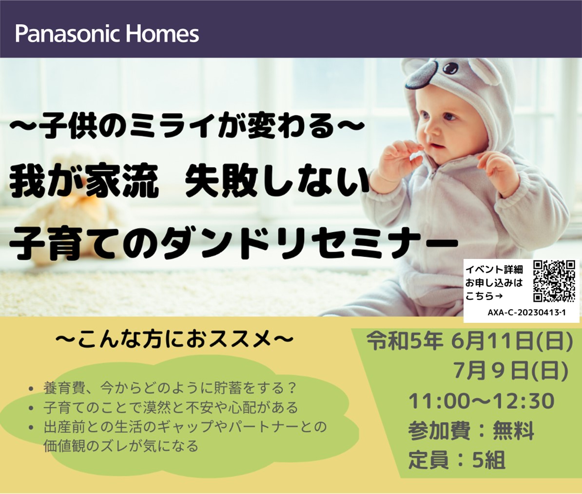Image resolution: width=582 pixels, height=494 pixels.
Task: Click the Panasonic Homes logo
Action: (107, 34)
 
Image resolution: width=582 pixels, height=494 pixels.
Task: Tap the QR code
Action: (554, 281)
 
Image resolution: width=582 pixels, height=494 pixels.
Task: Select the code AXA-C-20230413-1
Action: (526, 313)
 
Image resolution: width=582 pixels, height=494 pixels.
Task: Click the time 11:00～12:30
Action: (482, 401)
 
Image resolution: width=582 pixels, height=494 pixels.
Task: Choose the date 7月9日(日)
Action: (511, 371)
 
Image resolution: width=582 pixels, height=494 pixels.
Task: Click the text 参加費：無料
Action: (471, 431)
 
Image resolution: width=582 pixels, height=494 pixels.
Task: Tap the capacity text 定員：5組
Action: (457, 460)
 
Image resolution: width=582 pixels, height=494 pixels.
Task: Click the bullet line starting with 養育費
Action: (163, 389)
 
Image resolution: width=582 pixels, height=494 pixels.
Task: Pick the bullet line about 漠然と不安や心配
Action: (163, 408)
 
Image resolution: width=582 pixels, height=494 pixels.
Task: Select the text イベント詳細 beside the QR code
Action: (494, 270)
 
